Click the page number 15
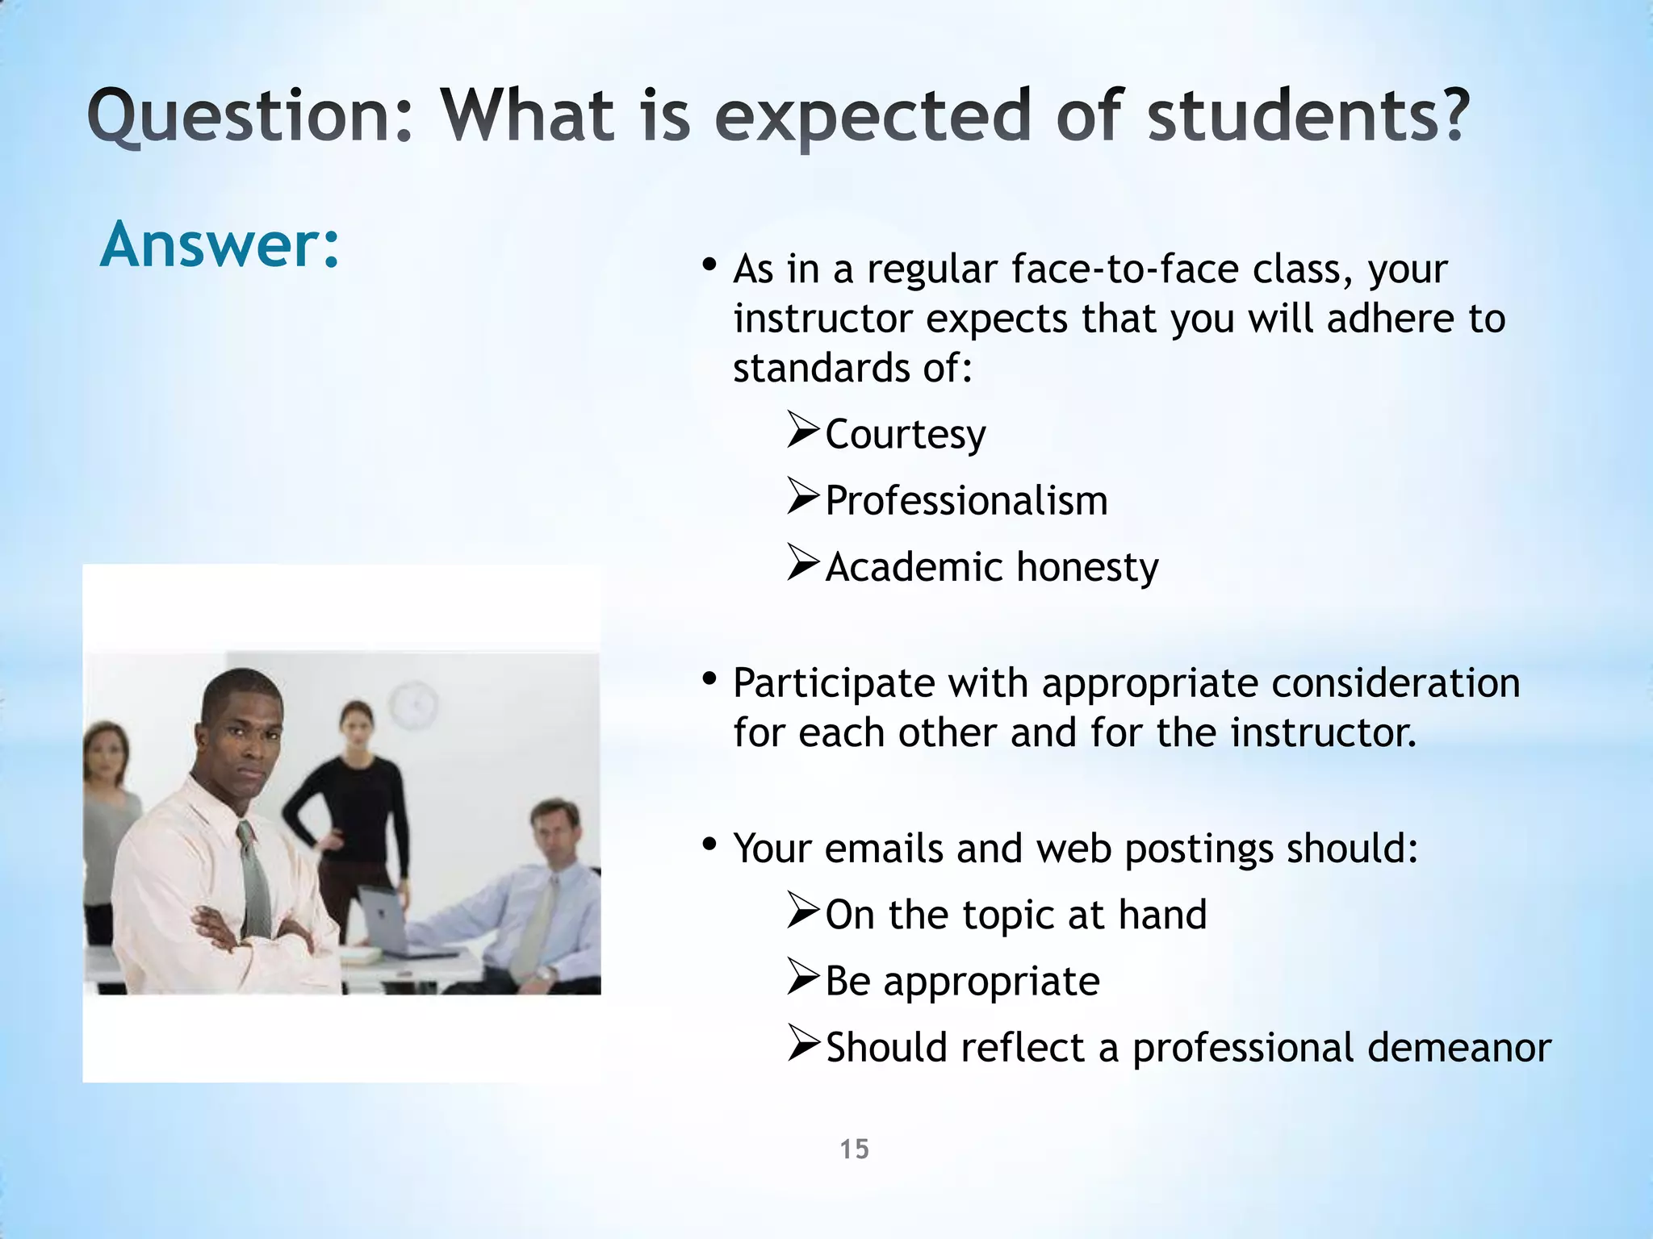854,1149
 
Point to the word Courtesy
905,435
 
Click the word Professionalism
966,501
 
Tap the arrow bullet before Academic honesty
803,564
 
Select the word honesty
1087,567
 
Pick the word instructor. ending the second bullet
1323,733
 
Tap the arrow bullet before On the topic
803,912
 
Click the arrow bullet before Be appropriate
803,978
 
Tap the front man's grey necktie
253,879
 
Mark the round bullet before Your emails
709,845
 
